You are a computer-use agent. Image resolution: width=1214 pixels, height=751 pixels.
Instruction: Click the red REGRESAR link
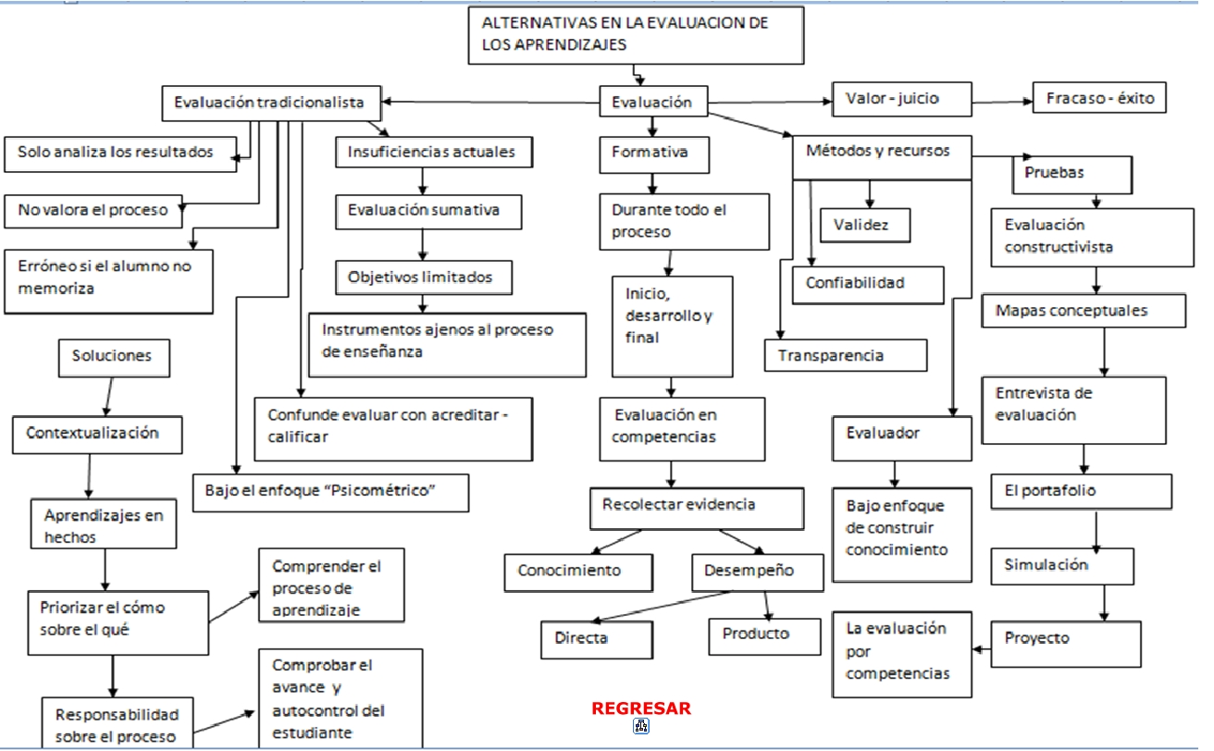click(x=641, y=708)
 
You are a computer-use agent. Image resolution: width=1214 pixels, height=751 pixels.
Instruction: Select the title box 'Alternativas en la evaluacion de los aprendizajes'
click(x=634, y=34)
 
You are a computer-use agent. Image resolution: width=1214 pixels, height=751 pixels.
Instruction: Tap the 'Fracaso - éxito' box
click(x=1099, y=98)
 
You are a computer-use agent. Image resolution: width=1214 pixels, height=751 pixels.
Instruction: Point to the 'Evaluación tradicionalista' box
click(x=269, y=103)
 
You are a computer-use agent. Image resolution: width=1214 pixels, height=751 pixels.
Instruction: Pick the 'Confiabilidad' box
click(x=867, y=284)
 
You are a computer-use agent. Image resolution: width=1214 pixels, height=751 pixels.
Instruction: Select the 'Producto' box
click(x=764, y=634)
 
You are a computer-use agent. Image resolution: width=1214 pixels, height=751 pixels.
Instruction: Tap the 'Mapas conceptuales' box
click(x=1083, y=311)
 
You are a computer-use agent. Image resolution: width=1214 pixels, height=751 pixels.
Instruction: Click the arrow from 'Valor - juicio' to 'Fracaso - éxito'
click(x=1002, y=100)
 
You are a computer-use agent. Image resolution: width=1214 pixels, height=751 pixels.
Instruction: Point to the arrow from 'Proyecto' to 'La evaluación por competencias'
click(x=982, y=647)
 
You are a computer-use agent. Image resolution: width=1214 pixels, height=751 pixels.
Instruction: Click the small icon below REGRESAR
click(x=641, y=727)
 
